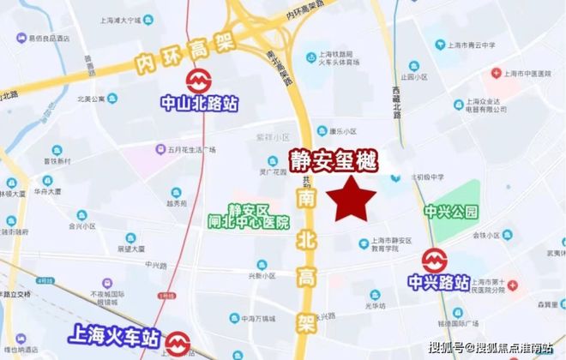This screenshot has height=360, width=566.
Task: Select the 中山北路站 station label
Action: tap(200, 104)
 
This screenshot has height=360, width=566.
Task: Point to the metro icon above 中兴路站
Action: tap(435, 258)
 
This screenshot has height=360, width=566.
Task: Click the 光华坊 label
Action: tap(372, 304)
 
